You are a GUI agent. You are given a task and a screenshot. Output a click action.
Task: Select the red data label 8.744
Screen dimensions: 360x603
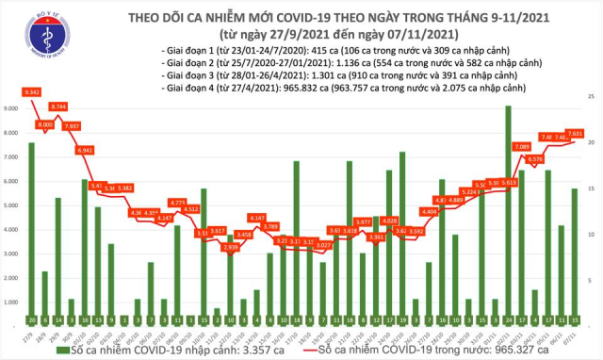pos(57,106)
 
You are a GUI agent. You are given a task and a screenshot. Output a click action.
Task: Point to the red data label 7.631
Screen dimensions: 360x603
pos(574,133)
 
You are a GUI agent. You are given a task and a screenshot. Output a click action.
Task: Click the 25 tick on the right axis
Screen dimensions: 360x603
pos(590,96)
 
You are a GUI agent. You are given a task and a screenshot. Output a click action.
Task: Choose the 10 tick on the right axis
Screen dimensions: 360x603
pos(590,234)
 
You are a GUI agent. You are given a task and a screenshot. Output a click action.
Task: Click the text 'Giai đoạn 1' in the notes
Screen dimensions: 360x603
pos(183,46)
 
